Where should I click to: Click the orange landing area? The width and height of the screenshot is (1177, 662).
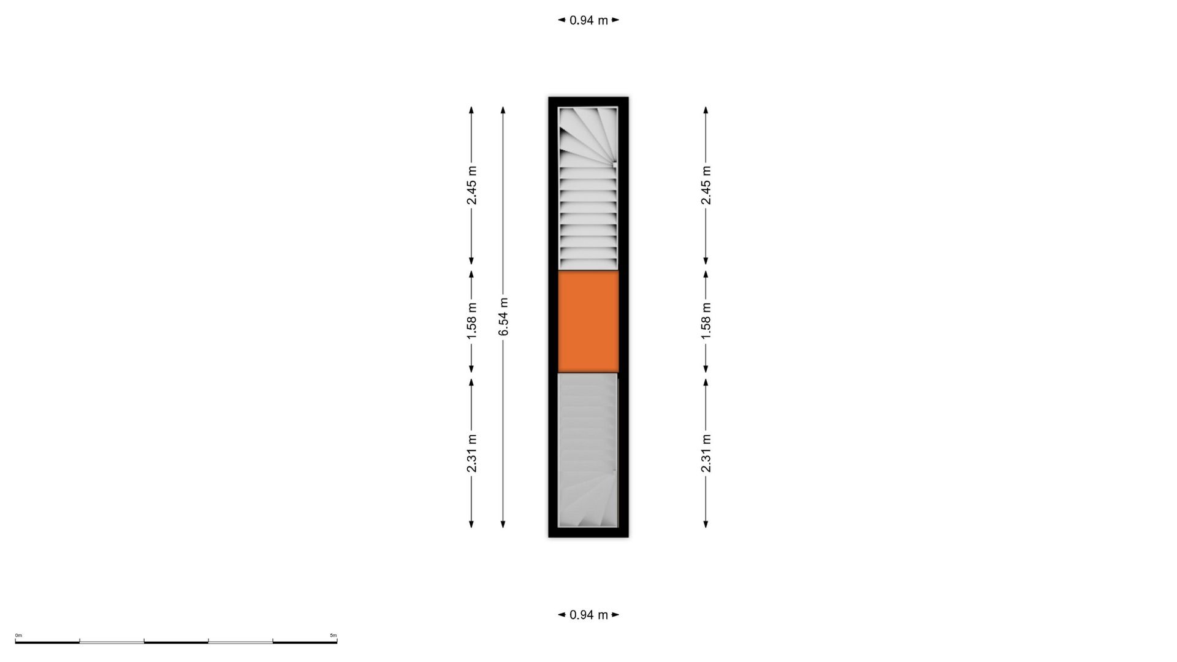click(x=588, y=322)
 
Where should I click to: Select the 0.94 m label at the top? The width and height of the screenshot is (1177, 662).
click(x=588, y=20)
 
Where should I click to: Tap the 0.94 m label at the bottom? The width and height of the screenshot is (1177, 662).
click(x=588, y=615)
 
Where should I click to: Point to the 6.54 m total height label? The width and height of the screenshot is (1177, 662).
click(x=503, y=317)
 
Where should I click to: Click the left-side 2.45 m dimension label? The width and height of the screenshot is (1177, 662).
click(x=471, y=185)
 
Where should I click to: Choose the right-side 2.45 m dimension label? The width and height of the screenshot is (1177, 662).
click(x=706, y=185)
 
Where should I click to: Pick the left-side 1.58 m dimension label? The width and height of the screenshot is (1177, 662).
click(x=471, y=321)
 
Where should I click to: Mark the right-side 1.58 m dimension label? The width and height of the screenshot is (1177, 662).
click(x=706, y=321)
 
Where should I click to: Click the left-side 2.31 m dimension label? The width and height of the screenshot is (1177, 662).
click(x=471, y=454)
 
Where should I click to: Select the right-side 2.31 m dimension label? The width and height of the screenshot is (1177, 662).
click(x=706, y=454)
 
